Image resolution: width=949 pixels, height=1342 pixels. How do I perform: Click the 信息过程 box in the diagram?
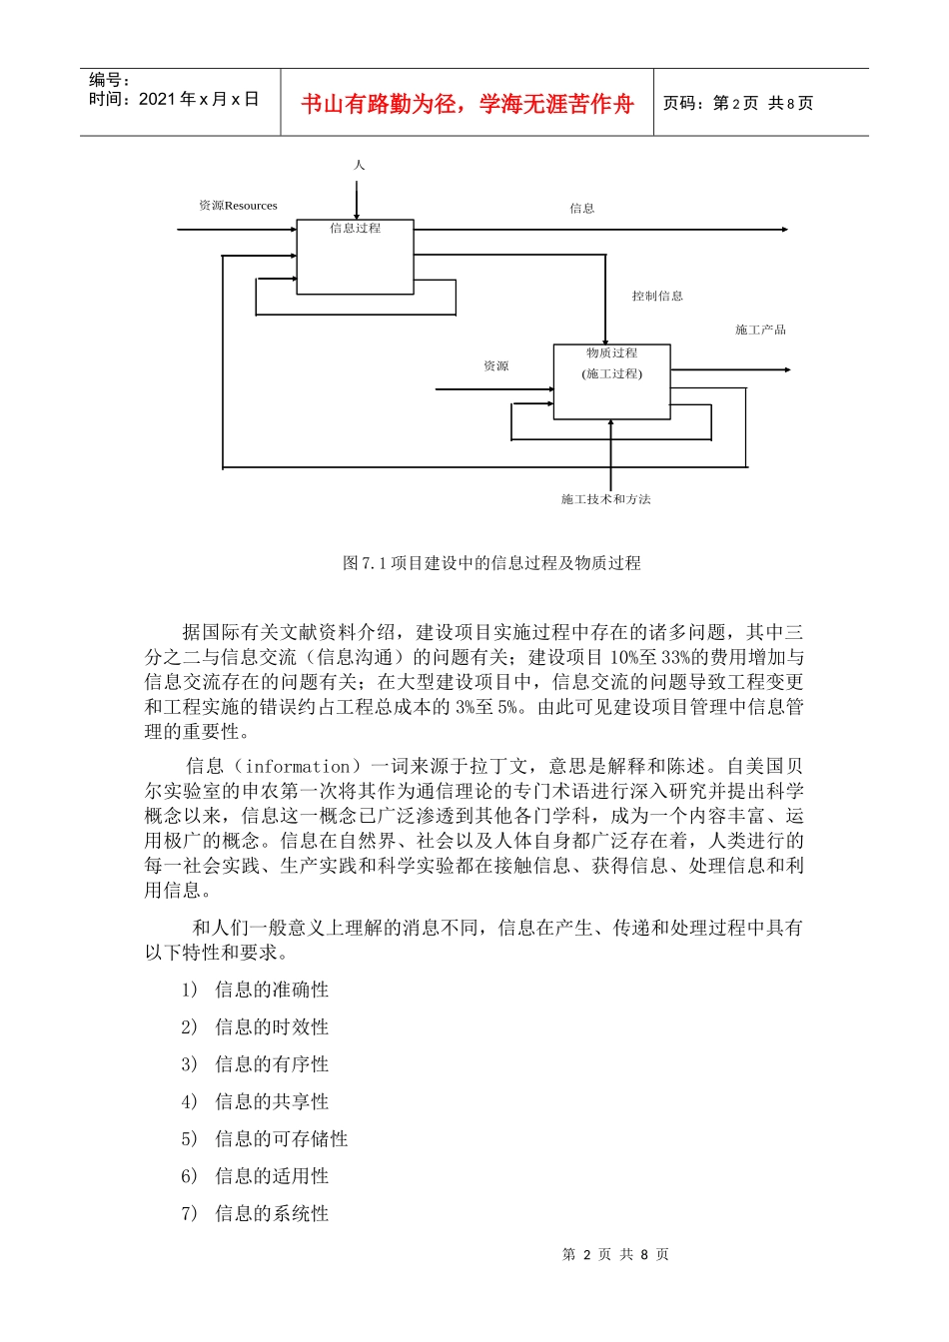pyautogui.click(x=355, y=258)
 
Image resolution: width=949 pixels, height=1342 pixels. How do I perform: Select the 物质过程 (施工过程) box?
pyautogui.click(x=611, y=381)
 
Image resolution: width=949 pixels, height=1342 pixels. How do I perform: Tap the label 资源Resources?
pyautogui.click(x=238, y=206)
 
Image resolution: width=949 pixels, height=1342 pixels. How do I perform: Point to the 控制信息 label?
pyautogui.click(x=657, y=296)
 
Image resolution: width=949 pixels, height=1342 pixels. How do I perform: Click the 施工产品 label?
pyautogui.click(x=760, y=330)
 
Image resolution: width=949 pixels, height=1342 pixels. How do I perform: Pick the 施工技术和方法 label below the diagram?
pyautogui.click(x=605, y=499)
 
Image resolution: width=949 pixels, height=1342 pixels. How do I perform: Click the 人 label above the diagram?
pyautogui.click(x=359, y=165)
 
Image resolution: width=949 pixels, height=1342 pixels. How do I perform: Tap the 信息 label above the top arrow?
pyautogui.click(x=582, y=209)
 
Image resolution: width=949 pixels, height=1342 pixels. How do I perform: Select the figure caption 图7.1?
pyautogui.click(x=491, y=563)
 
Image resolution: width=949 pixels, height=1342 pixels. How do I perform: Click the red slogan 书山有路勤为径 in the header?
pyautogui.click(x=468, y=104)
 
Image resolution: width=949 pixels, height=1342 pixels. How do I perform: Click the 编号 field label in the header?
pyautogui.click(x=109, y=80)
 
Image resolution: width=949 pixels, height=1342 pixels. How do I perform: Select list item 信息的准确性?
pyautogui.click(x=272, y=990)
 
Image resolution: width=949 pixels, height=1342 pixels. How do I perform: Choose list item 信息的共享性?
pyautogui.click(x=272, y=1101)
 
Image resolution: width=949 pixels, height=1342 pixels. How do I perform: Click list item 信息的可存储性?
pyautogui.click(x=282, y=1139)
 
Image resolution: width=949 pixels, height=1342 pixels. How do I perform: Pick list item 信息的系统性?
pyautogui.click(x=272, y=1214)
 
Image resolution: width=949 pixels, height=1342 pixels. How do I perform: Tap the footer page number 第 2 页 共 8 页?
pyautogui.click(x=615, y=1254)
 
